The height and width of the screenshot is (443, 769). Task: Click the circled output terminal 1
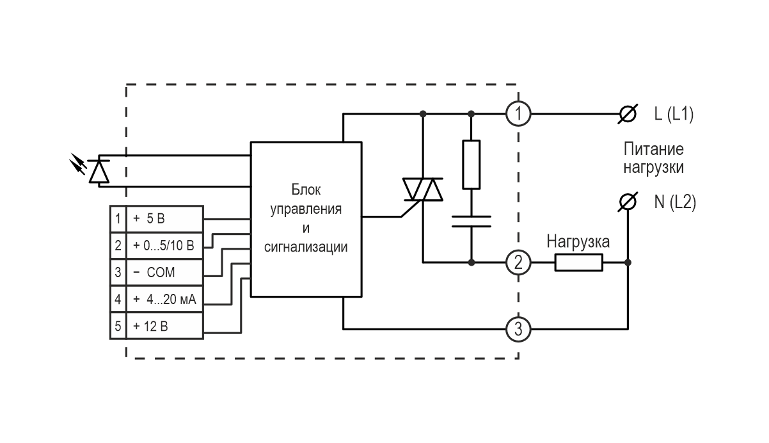518,115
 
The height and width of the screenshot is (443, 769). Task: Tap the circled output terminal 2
518,262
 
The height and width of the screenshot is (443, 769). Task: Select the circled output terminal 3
518,330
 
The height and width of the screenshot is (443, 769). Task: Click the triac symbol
423,189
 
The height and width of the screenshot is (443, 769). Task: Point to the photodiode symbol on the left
98,170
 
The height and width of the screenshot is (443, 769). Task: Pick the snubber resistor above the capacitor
472,165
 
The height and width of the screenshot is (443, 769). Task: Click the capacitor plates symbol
472,221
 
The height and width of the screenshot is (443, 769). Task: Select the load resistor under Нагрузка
578,262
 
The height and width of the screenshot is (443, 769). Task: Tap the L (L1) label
673,115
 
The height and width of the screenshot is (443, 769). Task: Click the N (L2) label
674,202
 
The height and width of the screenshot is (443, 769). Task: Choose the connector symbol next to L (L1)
628,115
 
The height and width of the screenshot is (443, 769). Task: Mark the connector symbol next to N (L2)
628,202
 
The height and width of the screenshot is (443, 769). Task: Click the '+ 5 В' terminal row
157,219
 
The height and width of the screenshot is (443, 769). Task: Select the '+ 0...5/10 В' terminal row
157,246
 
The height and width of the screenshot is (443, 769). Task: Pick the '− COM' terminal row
157,273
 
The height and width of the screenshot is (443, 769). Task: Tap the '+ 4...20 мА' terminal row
157,300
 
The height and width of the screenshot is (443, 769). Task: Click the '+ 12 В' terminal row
157,326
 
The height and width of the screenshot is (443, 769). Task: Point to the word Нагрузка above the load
578,242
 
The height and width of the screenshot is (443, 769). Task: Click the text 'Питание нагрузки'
653,159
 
